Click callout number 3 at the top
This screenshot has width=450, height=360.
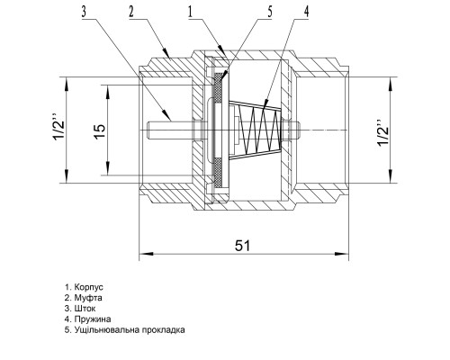(x=84, y=12)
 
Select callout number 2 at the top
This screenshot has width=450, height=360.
(x=131, y=12)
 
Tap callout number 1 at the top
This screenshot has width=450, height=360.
(x=190, y=12)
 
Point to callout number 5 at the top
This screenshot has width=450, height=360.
(x=269, y=12)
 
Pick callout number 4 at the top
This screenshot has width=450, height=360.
(x=306, y=12)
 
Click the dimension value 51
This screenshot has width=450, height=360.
(x=242, y=246)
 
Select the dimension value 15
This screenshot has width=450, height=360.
(x=100, y=130)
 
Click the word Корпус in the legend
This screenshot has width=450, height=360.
(x=89, y=287)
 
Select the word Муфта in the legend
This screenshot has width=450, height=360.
(x=88, y=298)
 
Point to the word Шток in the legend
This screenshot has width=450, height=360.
(x=85, y=309)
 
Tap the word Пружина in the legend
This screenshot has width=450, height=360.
(x=93, y=319)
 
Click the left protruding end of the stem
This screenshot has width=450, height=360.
(x=149, y=130)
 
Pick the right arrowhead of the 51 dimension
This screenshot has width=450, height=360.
(x=341, y=254)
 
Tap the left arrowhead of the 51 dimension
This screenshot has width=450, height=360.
(x=147, y=254)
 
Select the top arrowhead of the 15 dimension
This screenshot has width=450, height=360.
(x=107, y=92)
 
